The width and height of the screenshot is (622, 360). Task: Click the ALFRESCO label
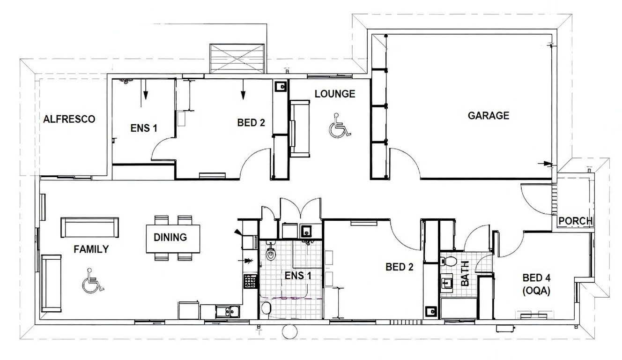coord(69,119)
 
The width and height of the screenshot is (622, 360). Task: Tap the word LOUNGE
coord(335,94)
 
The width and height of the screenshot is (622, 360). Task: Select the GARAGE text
coord(489,115)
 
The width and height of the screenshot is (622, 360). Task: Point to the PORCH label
coord(575,221)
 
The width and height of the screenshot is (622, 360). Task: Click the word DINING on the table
coord(170,237)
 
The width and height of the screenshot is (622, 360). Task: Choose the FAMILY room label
coord(91,249)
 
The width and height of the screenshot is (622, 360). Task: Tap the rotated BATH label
coord(465,274)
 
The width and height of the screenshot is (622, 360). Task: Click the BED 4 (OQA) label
coord(536,285)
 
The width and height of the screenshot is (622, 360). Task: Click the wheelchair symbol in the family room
coord(92,281)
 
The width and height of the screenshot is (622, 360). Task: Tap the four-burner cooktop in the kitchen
coord(250,281)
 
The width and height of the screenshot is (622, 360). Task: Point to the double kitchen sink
coord(228,312)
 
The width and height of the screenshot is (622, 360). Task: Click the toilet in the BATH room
coord(448,261)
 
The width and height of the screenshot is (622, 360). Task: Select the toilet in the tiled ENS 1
coord(271,252)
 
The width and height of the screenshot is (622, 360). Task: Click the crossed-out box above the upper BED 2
coord(237,59)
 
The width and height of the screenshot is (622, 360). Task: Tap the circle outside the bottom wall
coord(289,331)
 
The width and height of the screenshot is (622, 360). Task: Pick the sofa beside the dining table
coord(89,227)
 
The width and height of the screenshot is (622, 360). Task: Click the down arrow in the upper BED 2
coord(243,89)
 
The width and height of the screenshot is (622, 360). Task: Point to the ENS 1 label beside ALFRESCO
coord(144,128)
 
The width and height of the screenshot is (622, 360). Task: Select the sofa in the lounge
coord(300,129)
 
